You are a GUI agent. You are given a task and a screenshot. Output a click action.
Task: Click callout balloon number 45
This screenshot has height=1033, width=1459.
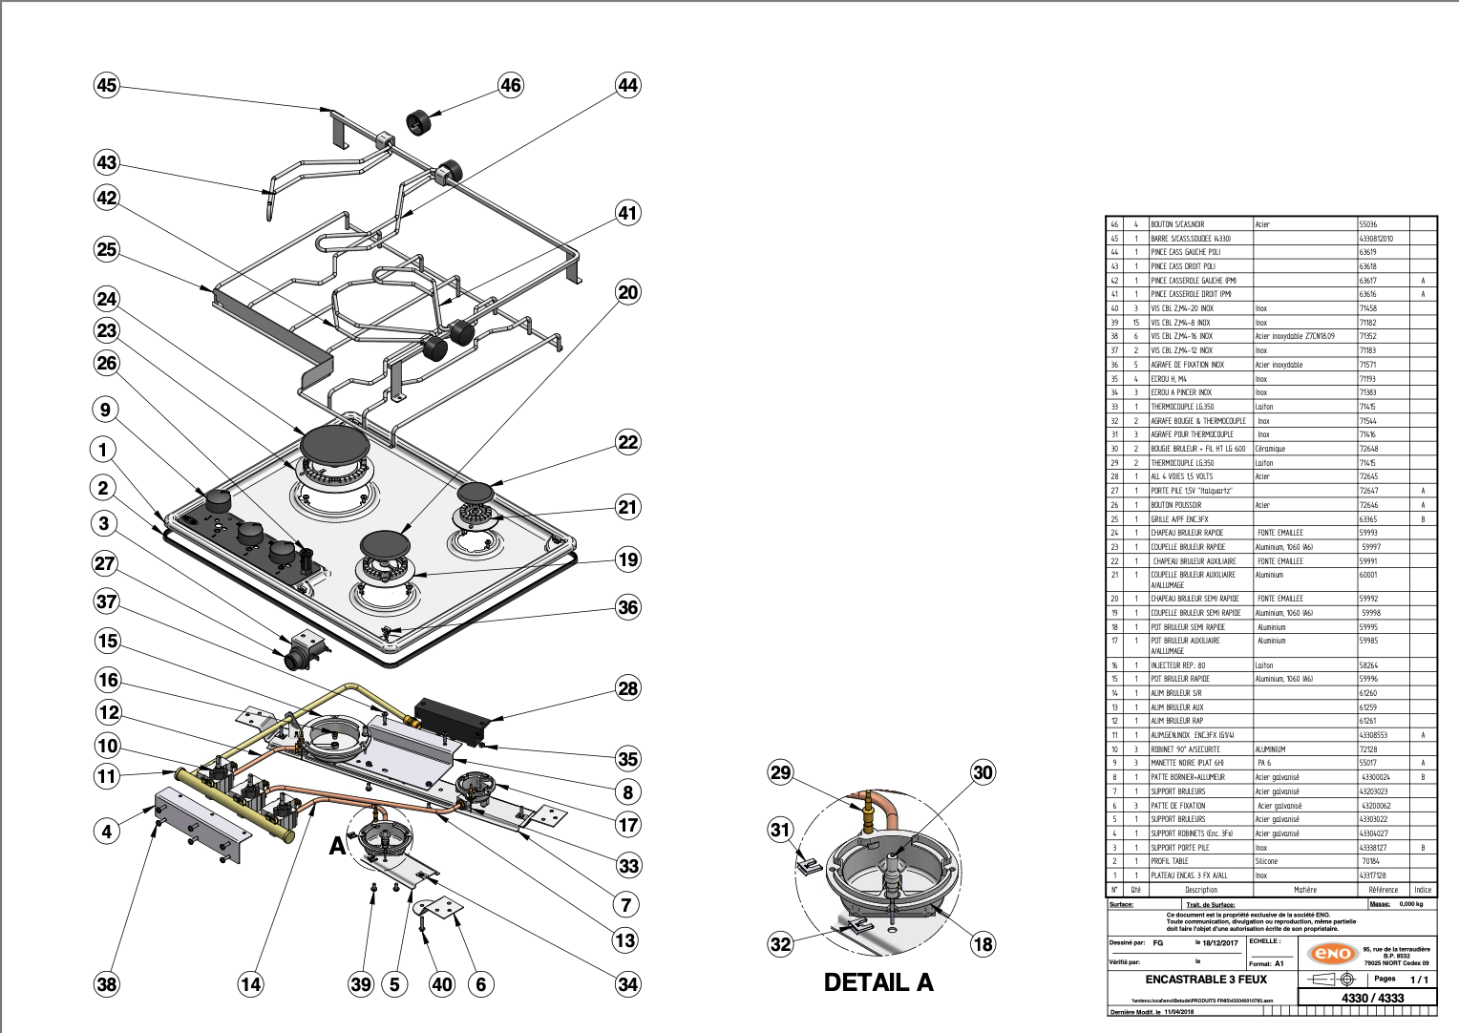(x=107, y=85)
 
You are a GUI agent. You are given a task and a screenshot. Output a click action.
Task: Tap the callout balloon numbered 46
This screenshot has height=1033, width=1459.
(x=511, y=85)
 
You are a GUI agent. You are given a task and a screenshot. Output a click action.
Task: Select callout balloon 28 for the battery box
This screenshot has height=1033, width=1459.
(x=627, y=688)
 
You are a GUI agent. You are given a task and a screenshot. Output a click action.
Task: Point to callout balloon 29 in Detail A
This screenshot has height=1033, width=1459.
(x=781, y=772)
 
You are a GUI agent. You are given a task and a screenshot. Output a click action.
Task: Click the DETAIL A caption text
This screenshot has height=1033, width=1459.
(x=878, y=982)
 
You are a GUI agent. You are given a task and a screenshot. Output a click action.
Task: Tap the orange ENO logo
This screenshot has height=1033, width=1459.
(x=1333, y=954)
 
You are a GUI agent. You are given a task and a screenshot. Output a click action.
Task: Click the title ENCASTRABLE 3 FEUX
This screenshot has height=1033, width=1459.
(x=1206, y=980)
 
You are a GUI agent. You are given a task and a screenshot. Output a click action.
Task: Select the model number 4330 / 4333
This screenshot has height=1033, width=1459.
(x=1373, y=998)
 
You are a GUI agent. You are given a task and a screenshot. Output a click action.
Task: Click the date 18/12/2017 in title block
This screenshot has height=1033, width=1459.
(x=1219, y=943)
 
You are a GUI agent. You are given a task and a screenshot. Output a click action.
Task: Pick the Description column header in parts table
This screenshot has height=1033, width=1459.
(x=1201, y=890)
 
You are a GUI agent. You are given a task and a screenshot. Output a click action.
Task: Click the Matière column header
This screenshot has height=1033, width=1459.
(x=1305, y=890)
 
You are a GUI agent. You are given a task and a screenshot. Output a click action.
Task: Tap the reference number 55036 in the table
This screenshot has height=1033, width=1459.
(x=1368, y=224)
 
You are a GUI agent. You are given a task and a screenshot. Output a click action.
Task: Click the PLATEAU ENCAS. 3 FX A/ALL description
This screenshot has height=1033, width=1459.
(x=1189, y=875)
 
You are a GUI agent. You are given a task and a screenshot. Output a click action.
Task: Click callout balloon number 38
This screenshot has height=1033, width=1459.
(x=107, y=984)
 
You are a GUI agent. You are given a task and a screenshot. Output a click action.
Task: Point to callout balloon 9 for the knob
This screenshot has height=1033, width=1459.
(x=106, y=411)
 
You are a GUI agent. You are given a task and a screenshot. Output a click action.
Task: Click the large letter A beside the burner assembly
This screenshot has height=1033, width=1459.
(x=337, y=846)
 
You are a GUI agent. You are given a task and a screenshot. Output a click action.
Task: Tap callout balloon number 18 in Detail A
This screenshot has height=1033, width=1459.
(x=983, y=944)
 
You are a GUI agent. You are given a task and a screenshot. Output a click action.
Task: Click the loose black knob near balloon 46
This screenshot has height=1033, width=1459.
(x=419, y=122)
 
